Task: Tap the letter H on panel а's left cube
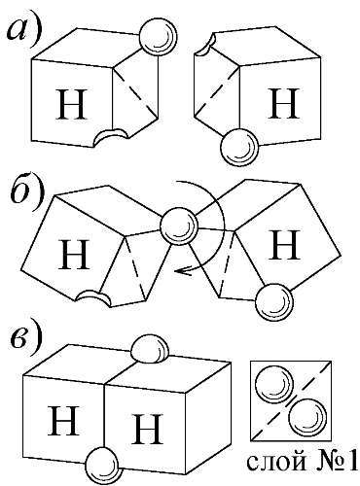[71, 104]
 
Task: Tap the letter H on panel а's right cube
[282, 103]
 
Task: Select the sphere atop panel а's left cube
[158, 37]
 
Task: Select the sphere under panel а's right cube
[239, 147]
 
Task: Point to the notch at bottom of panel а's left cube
[110, 136]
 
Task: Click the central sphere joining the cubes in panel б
[179, 226]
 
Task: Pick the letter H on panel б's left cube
[74, 254]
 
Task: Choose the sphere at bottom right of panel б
[274, 301]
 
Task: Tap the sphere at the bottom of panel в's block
[103, 466]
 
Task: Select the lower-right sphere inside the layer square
[307, 417]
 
